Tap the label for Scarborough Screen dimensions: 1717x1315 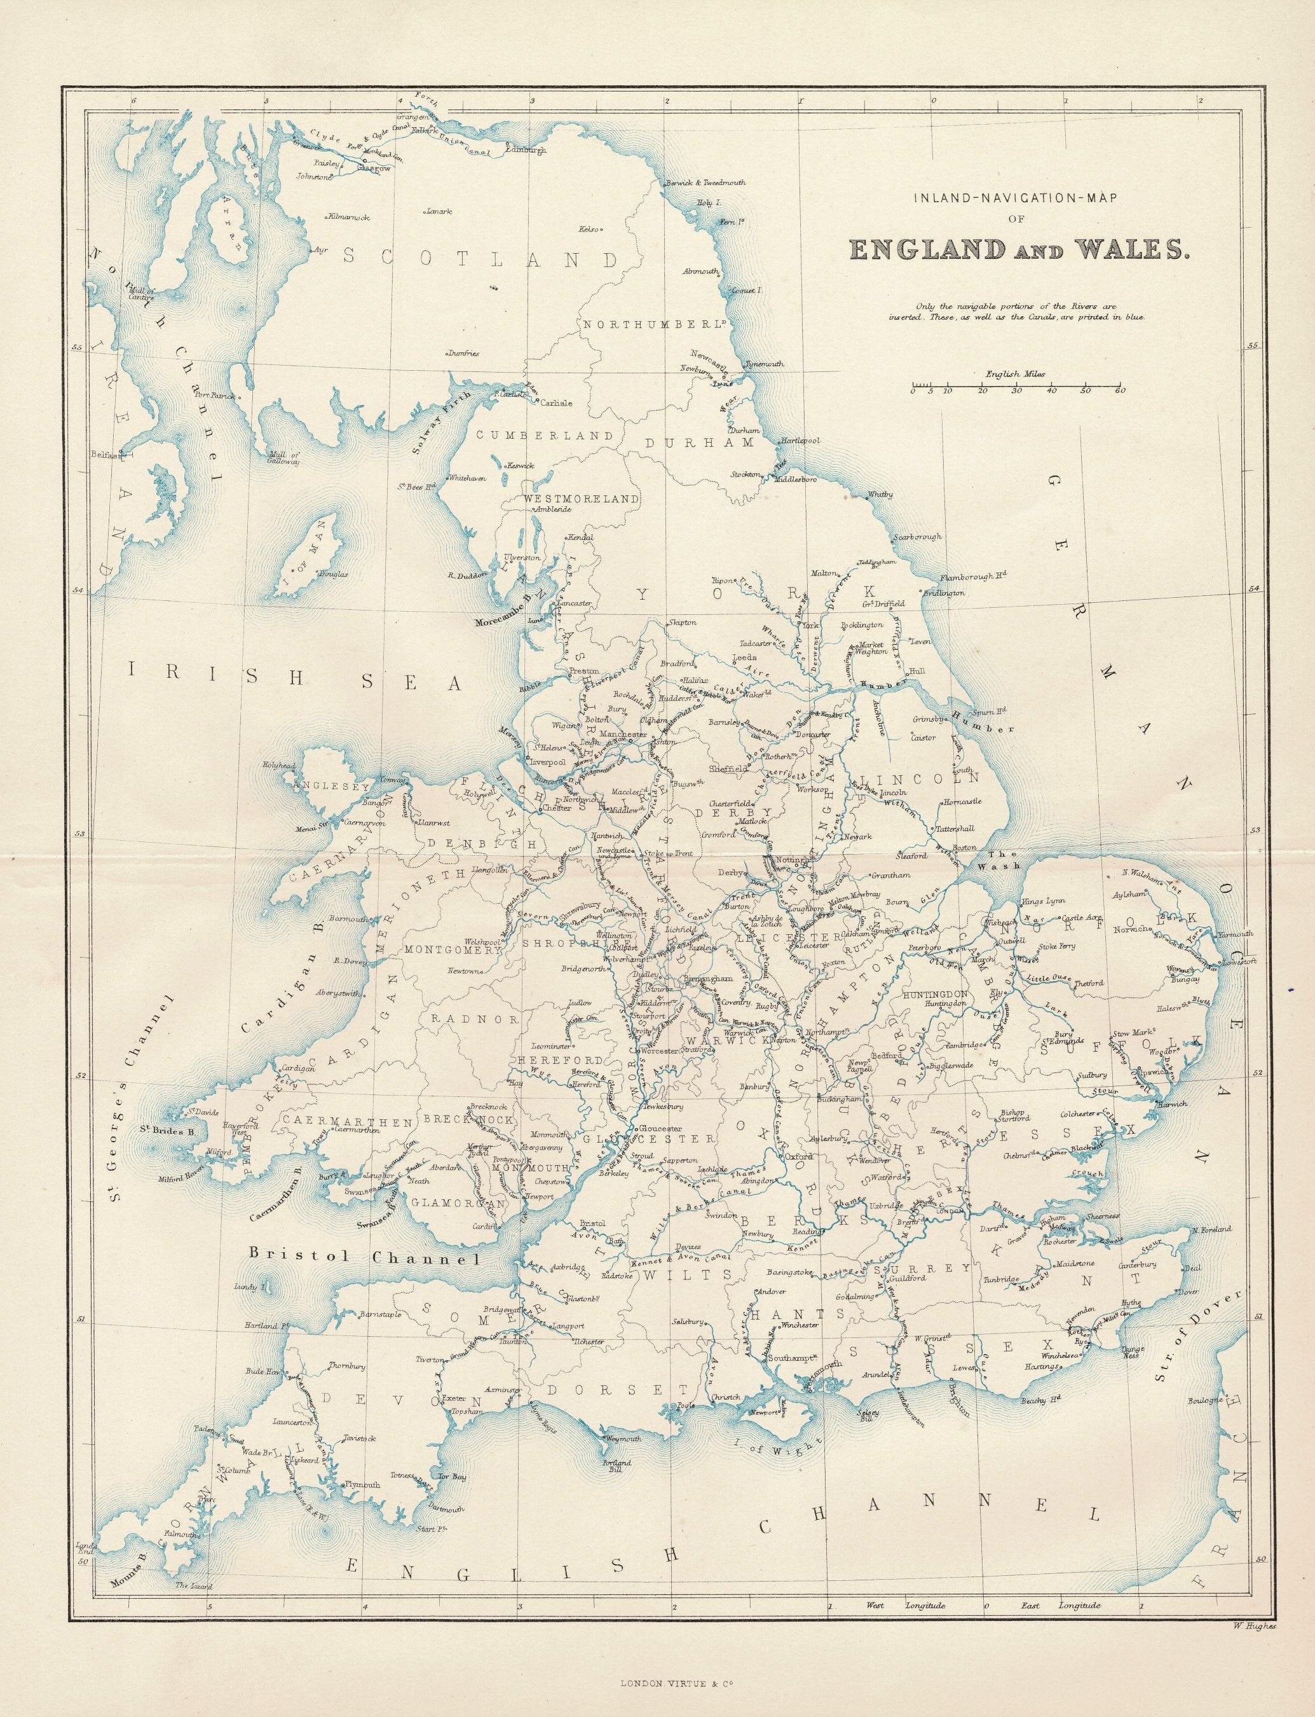917,537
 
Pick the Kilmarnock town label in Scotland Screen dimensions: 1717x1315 350,216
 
